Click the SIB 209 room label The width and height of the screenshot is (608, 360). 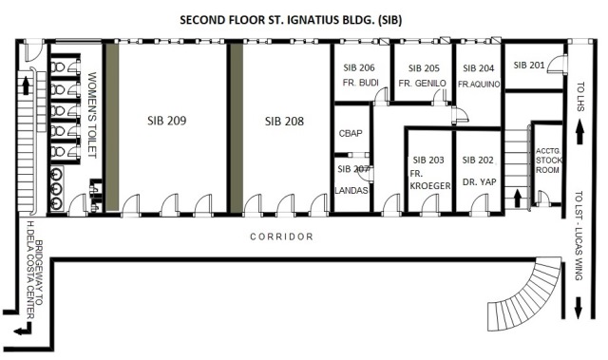coord(167,121)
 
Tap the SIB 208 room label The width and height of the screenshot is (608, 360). coord(284,122)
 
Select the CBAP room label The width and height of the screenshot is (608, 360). coord(351,133)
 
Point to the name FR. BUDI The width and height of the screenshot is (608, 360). coord(361,83)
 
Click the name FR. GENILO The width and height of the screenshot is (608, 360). coord(422,83)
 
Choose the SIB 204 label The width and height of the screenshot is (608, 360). coord(479,68)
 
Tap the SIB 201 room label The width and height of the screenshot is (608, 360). coord(529,65)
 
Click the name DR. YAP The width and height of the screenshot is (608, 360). coord(479,181)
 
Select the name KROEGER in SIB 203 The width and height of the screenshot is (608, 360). coord(430,186)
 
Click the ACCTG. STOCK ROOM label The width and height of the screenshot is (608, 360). coord(549,161)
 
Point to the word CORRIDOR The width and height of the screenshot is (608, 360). coord(281,237)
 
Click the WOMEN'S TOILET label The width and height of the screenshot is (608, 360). coord(92,115)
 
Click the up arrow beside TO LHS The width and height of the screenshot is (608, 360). coord(579,132)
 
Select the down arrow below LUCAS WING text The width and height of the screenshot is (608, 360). coord(579,308)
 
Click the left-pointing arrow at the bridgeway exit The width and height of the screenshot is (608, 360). coord(23,330)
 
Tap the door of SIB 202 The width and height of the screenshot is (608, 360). coord(479,204)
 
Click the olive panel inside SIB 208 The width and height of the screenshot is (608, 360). coord(237,128)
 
